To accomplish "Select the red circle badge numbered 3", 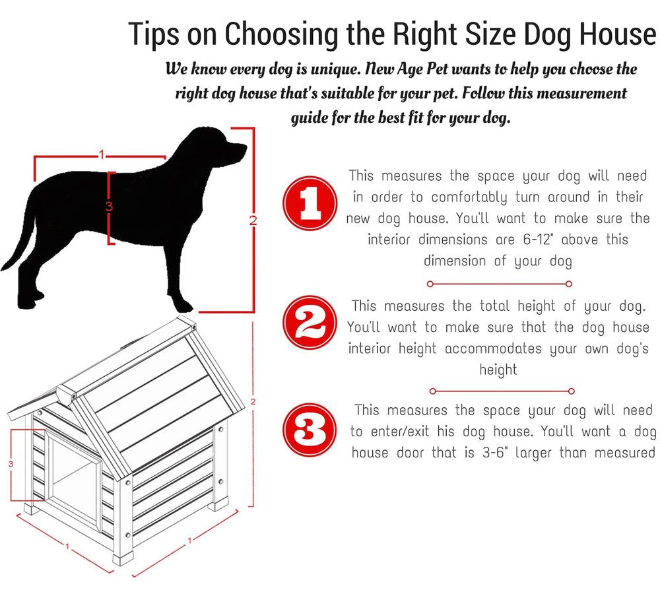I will tap(308, 430).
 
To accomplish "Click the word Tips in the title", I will tap(154, 34).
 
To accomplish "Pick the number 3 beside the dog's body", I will tap(109, 207).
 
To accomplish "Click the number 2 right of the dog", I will tap(252, 220).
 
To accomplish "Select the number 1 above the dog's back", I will tap(101, 154).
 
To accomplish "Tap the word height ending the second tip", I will tap(498, 370).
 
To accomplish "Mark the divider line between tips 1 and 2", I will tap(499, 284).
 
